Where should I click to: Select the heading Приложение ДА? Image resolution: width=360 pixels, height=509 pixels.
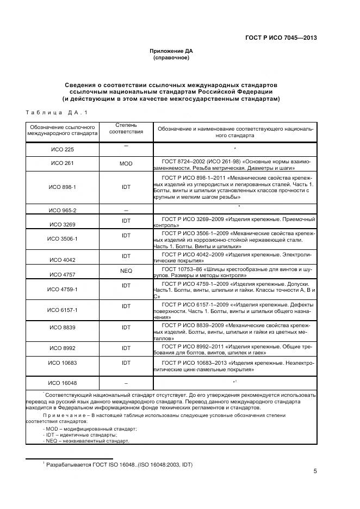tap(171, 51)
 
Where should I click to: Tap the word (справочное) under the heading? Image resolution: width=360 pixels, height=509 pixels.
tap(171, 57)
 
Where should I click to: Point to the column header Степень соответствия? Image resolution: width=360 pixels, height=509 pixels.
tap(126, 128)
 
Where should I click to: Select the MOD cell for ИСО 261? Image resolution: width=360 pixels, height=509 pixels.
tap(126, 163)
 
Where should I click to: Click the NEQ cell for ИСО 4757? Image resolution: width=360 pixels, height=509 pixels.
tap(126, 270)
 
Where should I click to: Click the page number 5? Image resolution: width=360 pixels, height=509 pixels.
tap(315, 471)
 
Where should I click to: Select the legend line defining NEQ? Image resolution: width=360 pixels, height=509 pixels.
tap(87, 440)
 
